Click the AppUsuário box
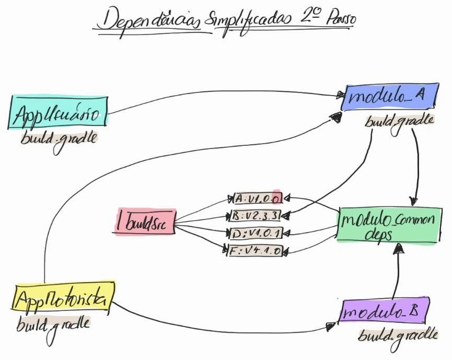[57, 112]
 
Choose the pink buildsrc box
[144, 222]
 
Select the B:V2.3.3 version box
[257, 215]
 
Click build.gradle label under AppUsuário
[59, 139]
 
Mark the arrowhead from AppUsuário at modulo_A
[340, 95]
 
